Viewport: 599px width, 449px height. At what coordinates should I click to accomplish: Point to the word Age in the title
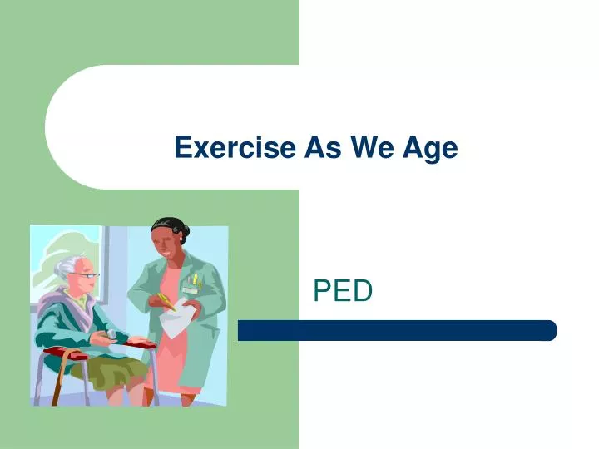(x=430, y=148)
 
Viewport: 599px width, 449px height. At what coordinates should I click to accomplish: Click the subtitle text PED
(x=342, y=291)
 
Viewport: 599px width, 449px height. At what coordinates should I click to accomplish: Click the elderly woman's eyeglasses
(x=87, y=275)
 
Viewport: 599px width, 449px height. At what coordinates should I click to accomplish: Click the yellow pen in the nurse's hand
(x=166, y=299)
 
